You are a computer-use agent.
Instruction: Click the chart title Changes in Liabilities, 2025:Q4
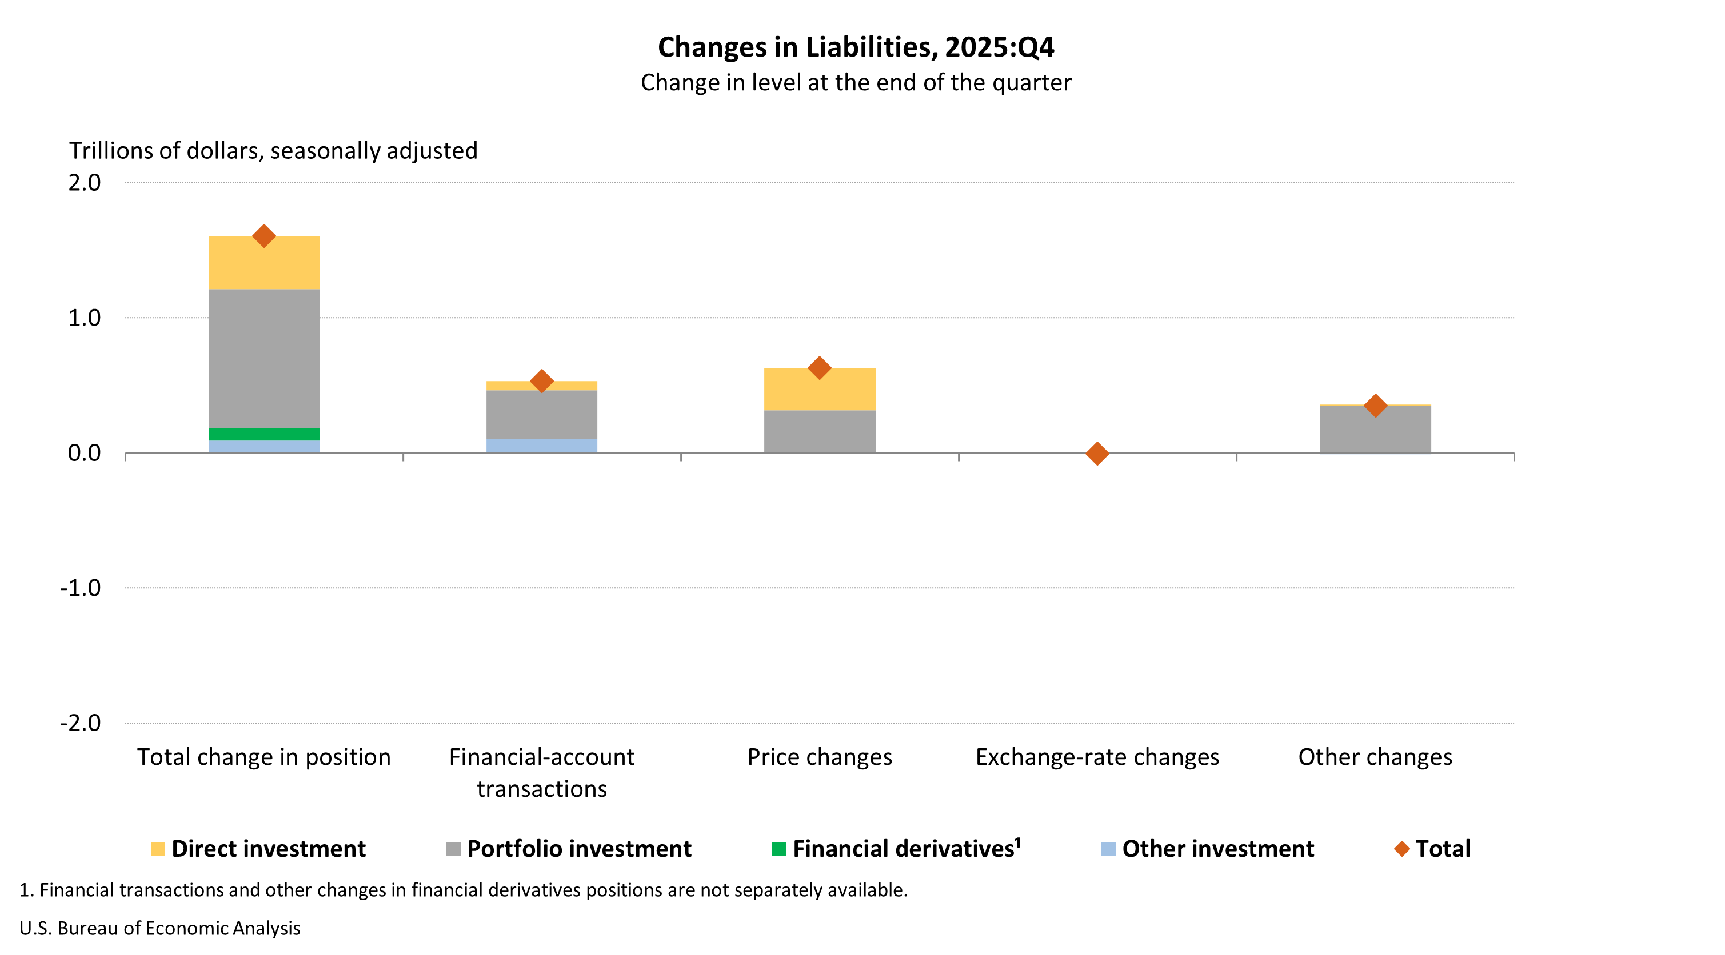(x=855, y=47)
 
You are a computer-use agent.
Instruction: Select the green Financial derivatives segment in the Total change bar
(x=264, y=434)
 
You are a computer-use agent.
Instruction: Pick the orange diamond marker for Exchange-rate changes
(x=1097, y=453)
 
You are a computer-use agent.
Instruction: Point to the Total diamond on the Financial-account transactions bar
(x=541, y=381)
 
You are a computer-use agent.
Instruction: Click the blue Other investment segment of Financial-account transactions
(x=541, y=445)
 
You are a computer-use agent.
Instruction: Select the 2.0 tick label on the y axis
(x=85, y=183)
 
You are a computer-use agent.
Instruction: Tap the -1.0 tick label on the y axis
(x=81, y=588)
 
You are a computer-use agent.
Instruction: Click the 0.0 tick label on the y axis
(x=85, y=453)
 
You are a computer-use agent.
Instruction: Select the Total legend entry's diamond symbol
(x=1401, y=849)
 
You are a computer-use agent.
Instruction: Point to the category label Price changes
(x=819, y=757)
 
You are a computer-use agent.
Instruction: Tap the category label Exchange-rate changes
(x=1097, y=757)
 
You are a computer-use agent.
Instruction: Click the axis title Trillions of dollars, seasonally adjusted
(x=273, y=151)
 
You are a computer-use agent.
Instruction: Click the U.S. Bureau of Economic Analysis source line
(x=159, y=928)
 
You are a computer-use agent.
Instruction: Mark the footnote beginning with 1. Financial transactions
(x=464, y=890)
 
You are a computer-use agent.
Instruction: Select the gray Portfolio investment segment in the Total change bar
(x=264, y=358)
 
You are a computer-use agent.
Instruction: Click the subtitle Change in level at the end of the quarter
(x=855, y=82)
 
